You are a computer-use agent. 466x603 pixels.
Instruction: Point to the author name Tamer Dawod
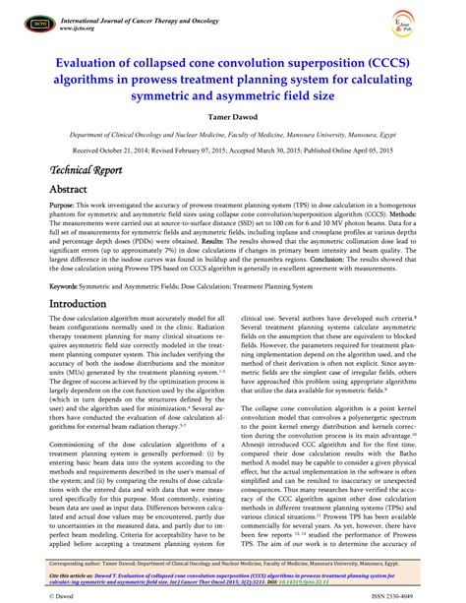[232, 114]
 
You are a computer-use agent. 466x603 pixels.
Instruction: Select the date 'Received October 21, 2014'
[107, 151]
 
